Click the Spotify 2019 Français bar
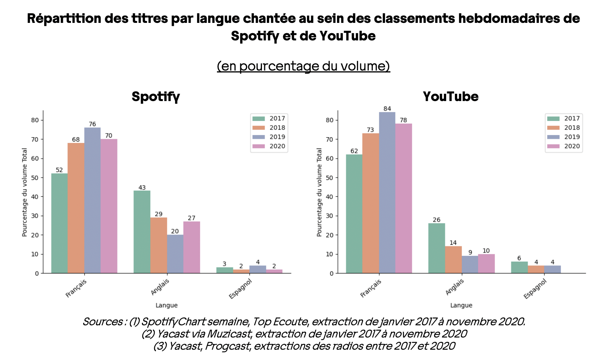(x=92, y=200)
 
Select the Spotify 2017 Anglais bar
(x=142, y=232)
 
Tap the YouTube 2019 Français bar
(x=387, y=193)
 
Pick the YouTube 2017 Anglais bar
(x=437, y=248)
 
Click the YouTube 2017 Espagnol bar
(x=519, y=267)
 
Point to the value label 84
(x=387, y=109)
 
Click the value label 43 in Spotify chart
(x=142, y=187)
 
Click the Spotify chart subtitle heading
(x=156, y=96)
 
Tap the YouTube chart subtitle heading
(x=451, y=96)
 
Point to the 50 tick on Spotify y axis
(x=35, y=178)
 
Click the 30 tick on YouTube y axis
(x=330, y=216)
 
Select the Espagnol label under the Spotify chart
(x=240, y=289)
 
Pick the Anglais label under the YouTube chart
(x=454, y=287)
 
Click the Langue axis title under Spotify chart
(x=167, y=305)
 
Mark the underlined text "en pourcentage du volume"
(x=303, y=66)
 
